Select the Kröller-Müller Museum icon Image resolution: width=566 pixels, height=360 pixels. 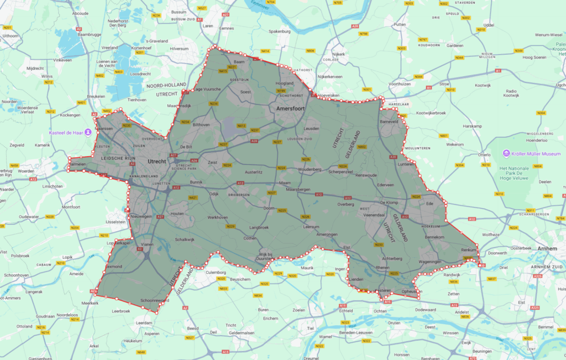pos(506,153)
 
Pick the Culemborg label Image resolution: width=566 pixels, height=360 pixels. pos(216,273)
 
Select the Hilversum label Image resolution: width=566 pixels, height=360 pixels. pos(163,49)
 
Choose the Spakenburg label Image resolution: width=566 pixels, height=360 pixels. pos(279,32)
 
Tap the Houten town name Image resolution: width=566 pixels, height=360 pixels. pos(177,213)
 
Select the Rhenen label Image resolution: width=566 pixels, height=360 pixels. pos(382,268)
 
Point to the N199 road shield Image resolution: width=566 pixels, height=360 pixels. pos(281,91)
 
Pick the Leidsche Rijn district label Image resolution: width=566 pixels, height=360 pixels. pos(116,158)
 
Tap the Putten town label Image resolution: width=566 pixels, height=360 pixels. pos(400,25)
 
